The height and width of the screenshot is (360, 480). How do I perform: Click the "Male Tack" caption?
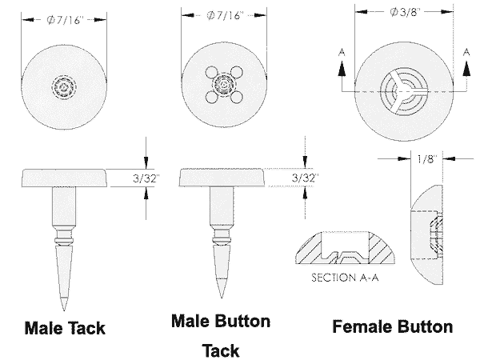65,328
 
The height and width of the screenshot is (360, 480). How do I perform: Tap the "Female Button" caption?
393,326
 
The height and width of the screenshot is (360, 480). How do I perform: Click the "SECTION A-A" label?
345,278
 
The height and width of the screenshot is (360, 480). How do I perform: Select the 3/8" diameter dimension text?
405,12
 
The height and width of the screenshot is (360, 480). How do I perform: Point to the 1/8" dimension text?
426,159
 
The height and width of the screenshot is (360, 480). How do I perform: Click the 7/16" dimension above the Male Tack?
65,20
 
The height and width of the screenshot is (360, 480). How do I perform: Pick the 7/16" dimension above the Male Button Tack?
225,15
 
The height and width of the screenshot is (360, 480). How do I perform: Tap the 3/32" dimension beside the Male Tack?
146,178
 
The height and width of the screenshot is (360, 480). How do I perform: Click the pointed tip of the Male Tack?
64,310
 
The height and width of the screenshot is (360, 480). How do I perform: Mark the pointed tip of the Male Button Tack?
222,298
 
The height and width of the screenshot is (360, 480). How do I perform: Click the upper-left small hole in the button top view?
211,72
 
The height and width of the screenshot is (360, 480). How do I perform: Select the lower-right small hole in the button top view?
237,97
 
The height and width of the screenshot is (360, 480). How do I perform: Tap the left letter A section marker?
342,53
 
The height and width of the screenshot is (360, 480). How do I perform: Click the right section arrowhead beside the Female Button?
466,69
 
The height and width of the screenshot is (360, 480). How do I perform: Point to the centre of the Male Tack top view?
64,87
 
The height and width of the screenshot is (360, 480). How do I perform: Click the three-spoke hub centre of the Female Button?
404,91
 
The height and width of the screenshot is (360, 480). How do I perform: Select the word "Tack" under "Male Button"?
221,350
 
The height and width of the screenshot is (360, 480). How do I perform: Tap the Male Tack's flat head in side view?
65,178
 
